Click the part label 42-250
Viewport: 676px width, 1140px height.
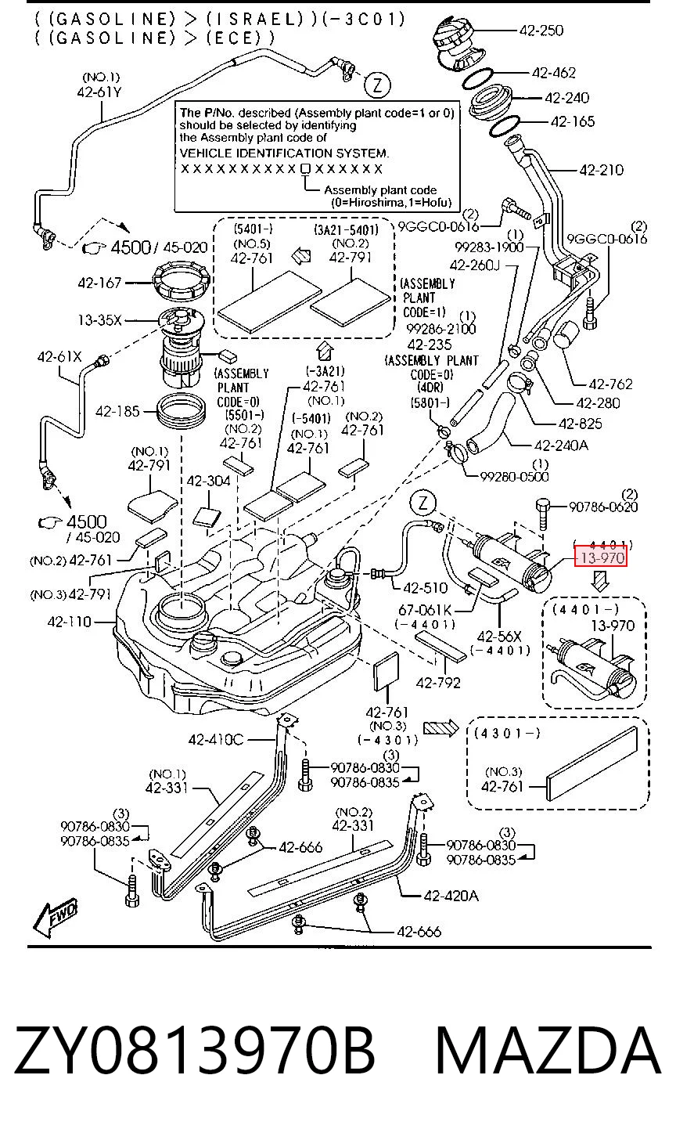coord(541,31)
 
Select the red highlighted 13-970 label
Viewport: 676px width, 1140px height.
coord(601,557)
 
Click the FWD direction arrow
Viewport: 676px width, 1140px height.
coord(56,918)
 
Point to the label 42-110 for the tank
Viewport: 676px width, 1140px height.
coord(69,622)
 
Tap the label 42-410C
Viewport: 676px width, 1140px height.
coord(216,739)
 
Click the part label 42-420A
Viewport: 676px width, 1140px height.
coord(451,896)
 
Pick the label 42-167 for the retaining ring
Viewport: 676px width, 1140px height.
coord(99,283)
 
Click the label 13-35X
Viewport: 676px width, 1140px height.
coord(99,320)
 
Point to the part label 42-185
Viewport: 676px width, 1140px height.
coord(117,411)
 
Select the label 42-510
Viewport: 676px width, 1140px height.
coord(425,588)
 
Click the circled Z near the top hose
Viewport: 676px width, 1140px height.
coord(377,85)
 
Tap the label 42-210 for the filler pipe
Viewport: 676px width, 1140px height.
coord(601,169)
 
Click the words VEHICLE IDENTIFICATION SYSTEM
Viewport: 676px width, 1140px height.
coord(284,153)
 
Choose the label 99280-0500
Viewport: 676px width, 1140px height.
coord(515,476)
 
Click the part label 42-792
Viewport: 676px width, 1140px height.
coord(438,683)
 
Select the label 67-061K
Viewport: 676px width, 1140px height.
coord(425,609)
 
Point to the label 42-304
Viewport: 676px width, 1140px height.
coord(209,481)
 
